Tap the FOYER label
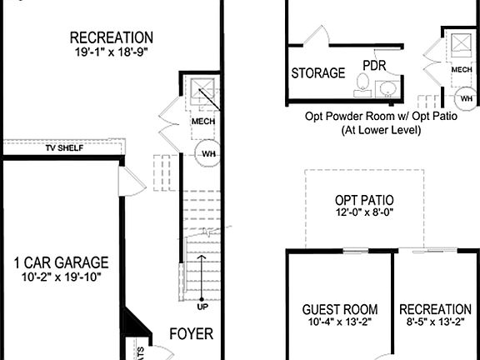[x=191, y=334]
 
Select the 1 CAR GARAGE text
[x=62, y=262]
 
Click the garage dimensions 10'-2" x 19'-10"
[x=62, y=278]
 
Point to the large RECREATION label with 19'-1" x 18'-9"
[x=111, y=37]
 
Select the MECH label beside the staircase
[x=203, y=122]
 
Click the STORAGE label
[x=317, y=73]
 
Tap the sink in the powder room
[x=388, y=87]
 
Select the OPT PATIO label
[x=364, y=201]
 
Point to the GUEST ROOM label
[x=339, y=309]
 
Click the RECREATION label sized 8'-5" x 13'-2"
[x=435, y=309]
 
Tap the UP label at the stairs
[x=202, y=307]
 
